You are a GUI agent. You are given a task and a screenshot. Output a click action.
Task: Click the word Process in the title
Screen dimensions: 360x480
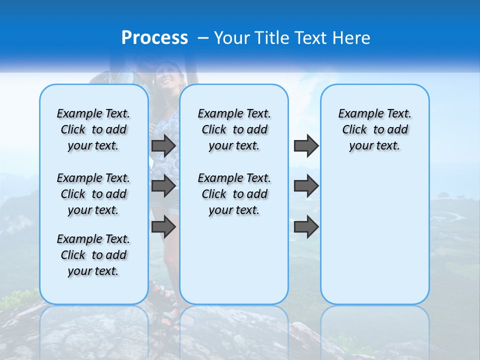[154, 38]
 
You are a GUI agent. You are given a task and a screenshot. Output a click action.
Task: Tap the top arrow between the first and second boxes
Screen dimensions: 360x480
[163, 145]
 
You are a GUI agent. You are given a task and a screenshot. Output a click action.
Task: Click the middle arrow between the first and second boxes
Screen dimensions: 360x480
[163, 186]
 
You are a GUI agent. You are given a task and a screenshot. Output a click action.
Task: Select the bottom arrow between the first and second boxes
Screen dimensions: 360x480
[163, 226]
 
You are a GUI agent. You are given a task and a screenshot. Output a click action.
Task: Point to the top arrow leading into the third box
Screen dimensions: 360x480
[306, 145]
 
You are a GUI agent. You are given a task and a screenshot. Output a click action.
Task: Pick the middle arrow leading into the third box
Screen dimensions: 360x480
[306, 186]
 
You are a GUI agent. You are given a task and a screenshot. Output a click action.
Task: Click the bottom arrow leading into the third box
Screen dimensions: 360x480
[306, 226]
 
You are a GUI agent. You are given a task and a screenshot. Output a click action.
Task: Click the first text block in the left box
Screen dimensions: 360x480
[93, 129]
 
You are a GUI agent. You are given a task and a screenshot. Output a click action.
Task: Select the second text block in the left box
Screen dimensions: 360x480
[93, 194]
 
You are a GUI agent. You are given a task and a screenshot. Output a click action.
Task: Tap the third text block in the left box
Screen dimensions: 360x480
[93, 255]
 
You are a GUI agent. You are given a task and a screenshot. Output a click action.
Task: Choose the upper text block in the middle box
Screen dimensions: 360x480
[234, 129]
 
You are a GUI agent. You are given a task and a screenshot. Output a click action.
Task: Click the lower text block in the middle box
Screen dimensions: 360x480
[234, 194]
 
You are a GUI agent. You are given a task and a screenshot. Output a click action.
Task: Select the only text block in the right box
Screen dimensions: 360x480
[375, 129]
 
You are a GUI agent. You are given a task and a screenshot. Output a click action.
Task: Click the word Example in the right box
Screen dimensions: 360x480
[356, 114]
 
